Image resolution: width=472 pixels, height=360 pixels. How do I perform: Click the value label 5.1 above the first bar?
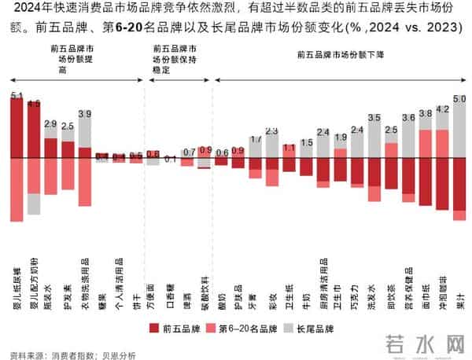point(17,96)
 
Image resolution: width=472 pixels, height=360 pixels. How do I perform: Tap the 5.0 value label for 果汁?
point(459,98)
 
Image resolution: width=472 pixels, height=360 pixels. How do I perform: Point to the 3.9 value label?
point(85,114)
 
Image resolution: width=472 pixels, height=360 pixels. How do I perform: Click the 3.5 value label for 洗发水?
point(374,118)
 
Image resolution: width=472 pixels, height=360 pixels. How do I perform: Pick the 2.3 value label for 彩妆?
point(272,130)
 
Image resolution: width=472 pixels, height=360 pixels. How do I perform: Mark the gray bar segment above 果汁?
point(459,130)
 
